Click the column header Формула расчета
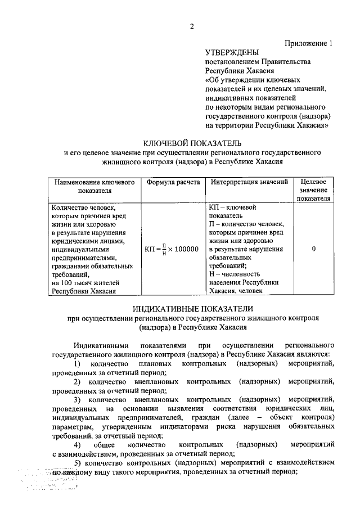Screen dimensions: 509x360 pyautogui.click(x=173, y=183)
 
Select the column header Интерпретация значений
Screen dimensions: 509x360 pyautogui.click(x=250, y=183)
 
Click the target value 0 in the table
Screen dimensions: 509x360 pyautogui.click(x=313, y=249)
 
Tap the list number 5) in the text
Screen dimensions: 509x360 pyautogui.click(x=79, y=462)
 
